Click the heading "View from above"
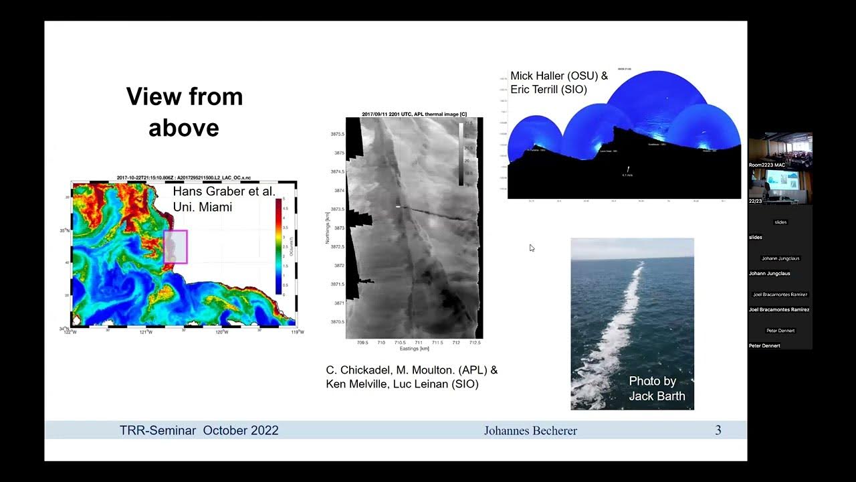tap(184, 111)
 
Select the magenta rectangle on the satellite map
tap(175, 246)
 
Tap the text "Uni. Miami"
tap(202, 208)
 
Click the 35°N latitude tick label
tap(64, 230)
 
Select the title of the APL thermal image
tap(414, 114)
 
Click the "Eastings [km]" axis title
tap(414, 349)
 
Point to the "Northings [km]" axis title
tap(328, 228)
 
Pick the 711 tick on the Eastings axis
tap(418, 343)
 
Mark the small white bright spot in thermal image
tap(398, 207)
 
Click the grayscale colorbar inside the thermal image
tap(461, 154)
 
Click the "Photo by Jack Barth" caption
tap(656, 388)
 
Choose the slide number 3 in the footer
tap(718, 430)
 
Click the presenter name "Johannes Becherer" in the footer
tap(530, 430)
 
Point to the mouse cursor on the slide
tap(532, 248)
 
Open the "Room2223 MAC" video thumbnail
tap(780, 151)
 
